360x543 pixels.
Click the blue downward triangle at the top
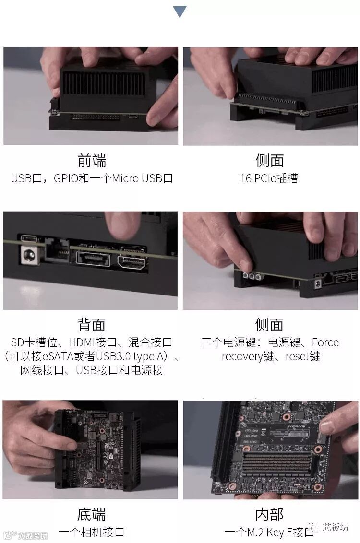pos(180,12)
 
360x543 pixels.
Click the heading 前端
pos(92,161)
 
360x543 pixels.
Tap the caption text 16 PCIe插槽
pos(269,178)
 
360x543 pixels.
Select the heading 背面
pos(92,324)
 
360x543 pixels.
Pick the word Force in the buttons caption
pos(325,342)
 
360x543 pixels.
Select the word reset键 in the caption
pos(303,356)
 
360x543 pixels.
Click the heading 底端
pos(92,515)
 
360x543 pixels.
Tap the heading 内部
pos(269,515)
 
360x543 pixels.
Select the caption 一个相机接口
pos(92,532)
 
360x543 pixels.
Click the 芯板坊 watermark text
pos(336,527)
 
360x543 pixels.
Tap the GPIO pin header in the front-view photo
pos(96,117)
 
